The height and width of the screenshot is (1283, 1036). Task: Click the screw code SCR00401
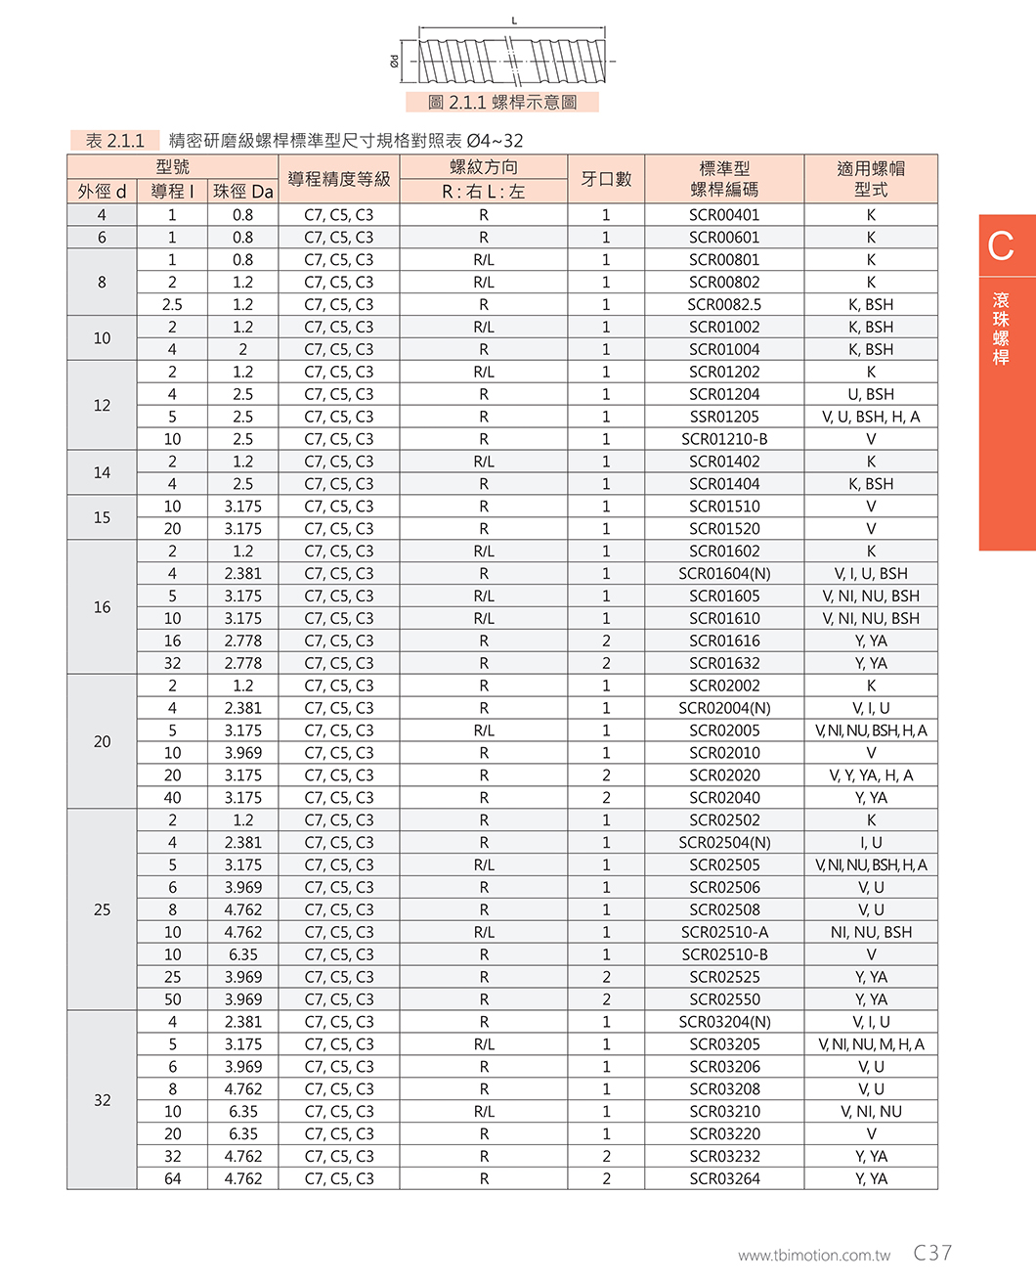click(723, 215)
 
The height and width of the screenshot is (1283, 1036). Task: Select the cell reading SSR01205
click(723, 417)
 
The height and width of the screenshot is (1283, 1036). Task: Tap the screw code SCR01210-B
click(723, 439)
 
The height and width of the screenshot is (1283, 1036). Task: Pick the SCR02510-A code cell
click(723, 932)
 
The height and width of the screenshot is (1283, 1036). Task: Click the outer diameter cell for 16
click(102, 607)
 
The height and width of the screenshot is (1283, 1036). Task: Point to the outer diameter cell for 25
click(102, 909)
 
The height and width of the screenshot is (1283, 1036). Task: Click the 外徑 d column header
click(102, 192)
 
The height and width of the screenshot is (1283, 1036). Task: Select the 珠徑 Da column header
click(242, 192)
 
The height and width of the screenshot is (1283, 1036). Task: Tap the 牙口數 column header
click(606, 179)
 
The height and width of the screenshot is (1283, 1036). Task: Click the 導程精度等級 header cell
click(338, 179)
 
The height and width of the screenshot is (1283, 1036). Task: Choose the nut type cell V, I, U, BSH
click(870, 574)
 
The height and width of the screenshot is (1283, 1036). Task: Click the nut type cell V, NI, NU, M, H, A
click(870, 1044)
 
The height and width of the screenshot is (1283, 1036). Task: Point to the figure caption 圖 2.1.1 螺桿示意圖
click(502, 103)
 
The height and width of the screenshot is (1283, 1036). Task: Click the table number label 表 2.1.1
click(114, 141)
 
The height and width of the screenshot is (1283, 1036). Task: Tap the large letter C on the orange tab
click(1001, 246)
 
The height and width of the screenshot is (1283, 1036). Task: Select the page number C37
click(932, 1253)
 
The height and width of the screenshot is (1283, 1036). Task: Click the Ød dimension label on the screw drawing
click(395, 61)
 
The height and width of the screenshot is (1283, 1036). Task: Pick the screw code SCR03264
click(723, 1178)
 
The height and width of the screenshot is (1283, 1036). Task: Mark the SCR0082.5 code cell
click(723, 305)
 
